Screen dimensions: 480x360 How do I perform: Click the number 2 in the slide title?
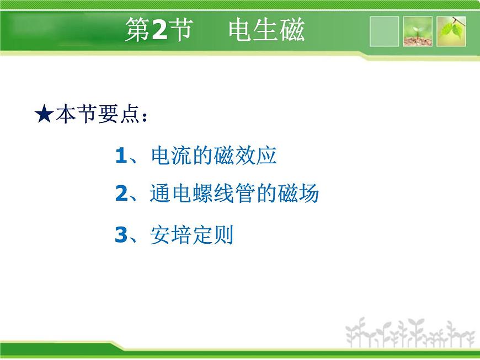[x=159, y=29]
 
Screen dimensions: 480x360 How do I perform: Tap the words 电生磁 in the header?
[x=266, y=29]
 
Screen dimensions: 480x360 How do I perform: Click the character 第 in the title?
[x=137, y=29]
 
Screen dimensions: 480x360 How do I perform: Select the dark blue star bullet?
[x=44, y=114]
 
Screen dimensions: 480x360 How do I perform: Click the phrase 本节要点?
[x=97, y=114]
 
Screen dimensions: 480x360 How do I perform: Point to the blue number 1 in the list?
[x=121, y=155]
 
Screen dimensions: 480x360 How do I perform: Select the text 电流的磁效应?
[x=214, y=155]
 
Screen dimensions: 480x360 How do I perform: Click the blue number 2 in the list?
[x=121, y=194]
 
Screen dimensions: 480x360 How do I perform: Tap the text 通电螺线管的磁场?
[x=234, y=194]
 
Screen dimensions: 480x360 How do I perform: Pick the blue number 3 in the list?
[x=121, y=235]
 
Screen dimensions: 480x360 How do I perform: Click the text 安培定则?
[x=191, y=235]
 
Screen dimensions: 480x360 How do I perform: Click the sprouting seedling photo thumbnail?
[x=418, y=31]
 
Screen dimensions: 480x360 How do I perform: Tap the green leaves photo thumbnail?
[x=451, y=31]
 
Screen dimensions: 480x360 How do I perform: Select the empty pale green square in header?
[x=384, y=31]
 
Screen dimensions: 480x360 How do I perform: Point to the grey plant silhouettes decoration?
[x=410, y=333]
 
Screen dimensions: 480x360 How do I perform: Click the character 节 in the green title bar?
[x=181, y=29]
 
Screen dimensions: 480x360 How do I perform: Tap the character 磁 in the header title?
[x=292, y=29]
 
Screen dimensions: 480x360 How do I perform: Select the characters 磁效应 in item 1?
[x=245, y=155]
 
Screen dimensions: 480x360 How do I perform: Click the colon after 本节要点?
[x=145, y=117]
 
